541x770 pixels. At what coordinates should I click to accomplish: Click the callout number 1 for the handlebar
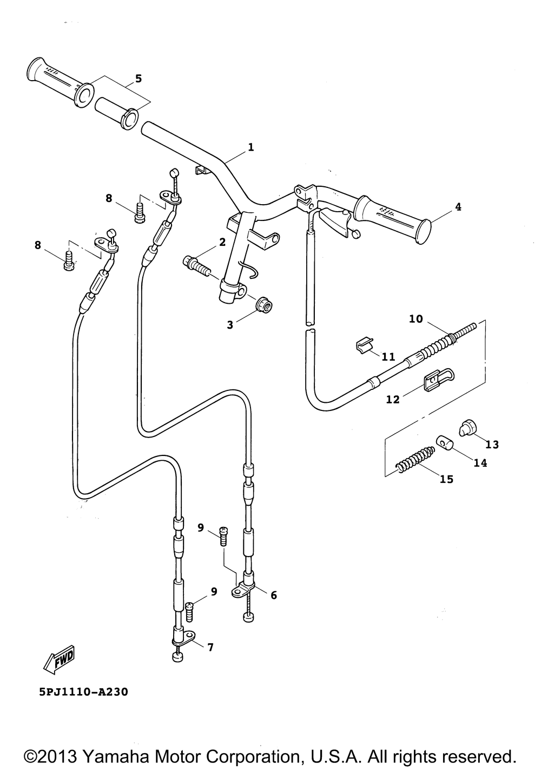click(250, 147)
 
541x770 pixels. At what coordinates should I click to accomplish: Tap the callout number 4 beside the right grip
click(458, 206)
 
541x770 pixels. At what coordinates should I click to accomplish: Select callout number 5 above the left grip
click(138, 79)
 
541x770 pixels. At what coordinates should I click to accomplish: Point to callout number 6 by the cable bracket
click(274, 596)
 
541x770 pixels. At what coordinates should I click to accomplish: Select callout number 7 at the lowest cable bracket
click(209, 647)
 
